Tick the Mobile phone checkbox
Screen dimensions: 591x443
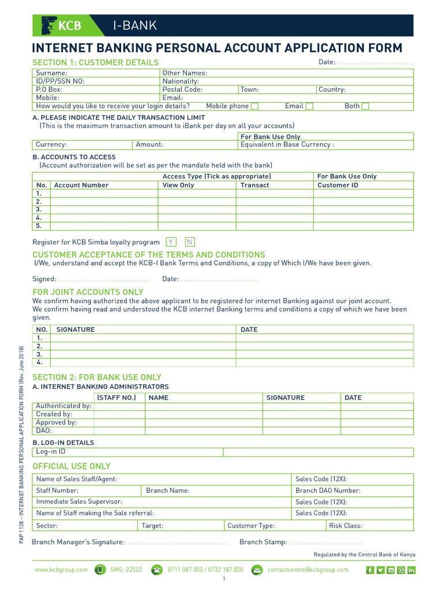coord(255,106)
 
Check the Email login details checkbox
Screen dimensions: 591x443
coord(310,106)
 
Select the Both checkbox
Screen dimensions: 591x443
coord(365,106)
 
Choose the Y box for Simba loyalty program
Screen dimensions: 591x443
coord(171,242)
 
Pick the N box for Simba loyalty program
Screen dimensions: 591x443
coord(190,242)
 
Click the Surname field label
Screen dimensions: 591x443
coord(51,73)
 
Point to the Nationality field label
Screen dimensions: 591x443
coord(181,81)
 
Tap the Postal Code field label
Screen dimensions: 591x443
coord(182,89)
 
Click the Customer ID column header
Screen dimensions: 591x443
coord(337,185)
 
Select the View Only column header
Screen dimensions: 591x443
coord(178,185)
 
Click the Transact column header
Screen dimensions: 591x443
coord(254,185)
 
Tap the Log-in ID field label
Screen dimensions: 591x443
coord(51,452)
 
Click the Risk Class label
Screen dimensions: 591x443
coord(346,526)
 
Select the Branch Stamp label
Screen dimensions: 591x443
coord(263,542)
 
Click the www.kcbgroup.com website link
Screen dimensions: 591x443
coord(61,570)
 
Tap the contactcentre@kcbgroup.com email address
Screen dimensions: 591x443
coord(308,570)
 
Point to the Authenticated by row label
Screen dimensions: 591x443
coord(63,406)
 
